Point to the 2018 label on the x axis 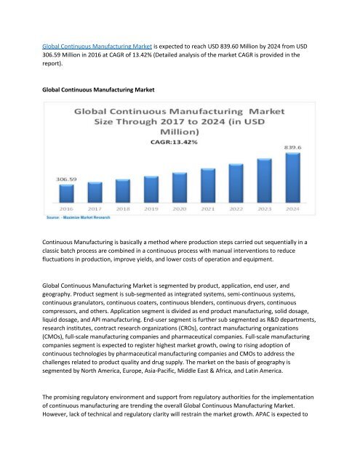[123, 209]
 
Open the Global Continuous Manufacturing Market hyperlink [92, 45]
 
